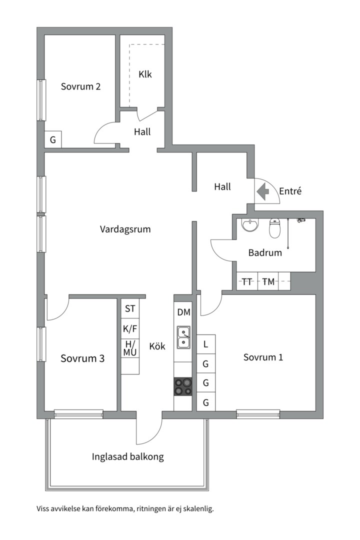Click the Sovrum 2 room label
pyautogui.click(x=80, y=86)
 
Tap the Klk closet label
pyautogui.click(x=145, y=74)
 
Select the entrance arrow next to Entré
pyautogui.click(x=263, y=191)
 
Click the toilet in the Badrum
pyautogui.click(x=274, y=227)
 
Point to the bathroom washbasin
pyautogui.click(x=250, y=225)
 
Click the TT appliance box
pyautogui.click(x=247, y=281)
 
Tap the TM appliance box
pyautogui.click(x=268, y=281)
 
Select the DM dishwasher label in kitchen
pyautogui.click(x=183, y=312)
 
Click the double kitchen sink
pyautogui.click(x=183, y=337)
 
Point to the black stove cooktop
pyautogui.click(x=183, y=386)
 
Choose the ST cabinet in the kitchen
pyautogui.click(x=130, y=308)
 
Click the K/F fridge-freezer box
pyautogui.click(x=130, y=329)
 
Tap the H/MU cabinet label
pyautogui.click(x=130, y=348)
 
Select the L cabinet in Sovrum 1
pyautogui.click(x=206, y=344)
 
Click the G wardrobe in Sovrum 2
pyautogui.click(x=53, y=140)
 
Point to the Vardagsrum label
pyautogui.click(x=125, y=229)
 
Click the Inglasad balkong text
pyautogui.click(x=128, y=457)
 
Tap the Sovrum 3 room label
pyautogui.click(x=82, y=358)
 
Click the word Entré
pyautogui.click(x=290, y=191)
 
